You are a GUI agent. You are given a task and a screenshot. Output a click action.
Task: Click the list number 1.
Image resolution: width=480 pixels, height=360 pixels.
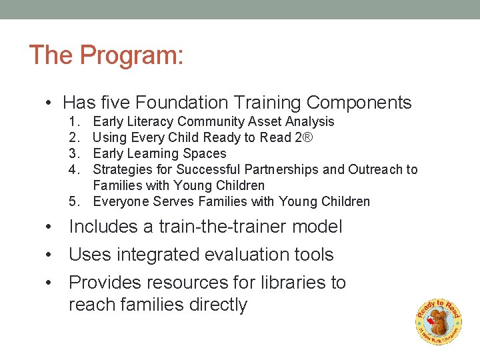(73, 121)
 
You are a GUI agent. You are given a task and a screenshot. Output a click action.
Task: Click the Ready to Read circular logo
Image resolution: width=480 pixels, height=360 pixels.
(438, 320)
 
